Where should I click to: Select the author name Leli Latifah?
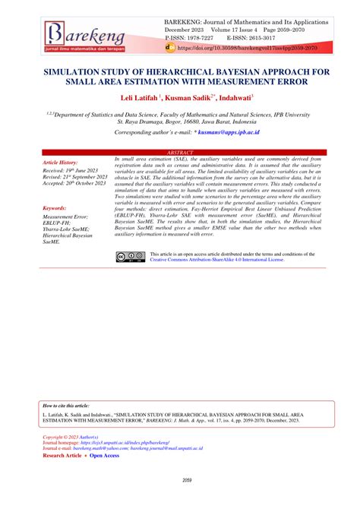pyautogui.click(x=141, y=98)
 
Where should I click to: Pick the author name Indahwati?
pyautogui.click(x=236, y=98)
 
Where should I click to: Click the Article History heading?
pyautogui.click(x=60, y=163)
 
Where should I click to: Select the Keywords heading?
pyautogui.click(x=55, y=207)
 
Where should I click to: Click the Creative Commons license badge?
pyautogui.click(x=130, y=257)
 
